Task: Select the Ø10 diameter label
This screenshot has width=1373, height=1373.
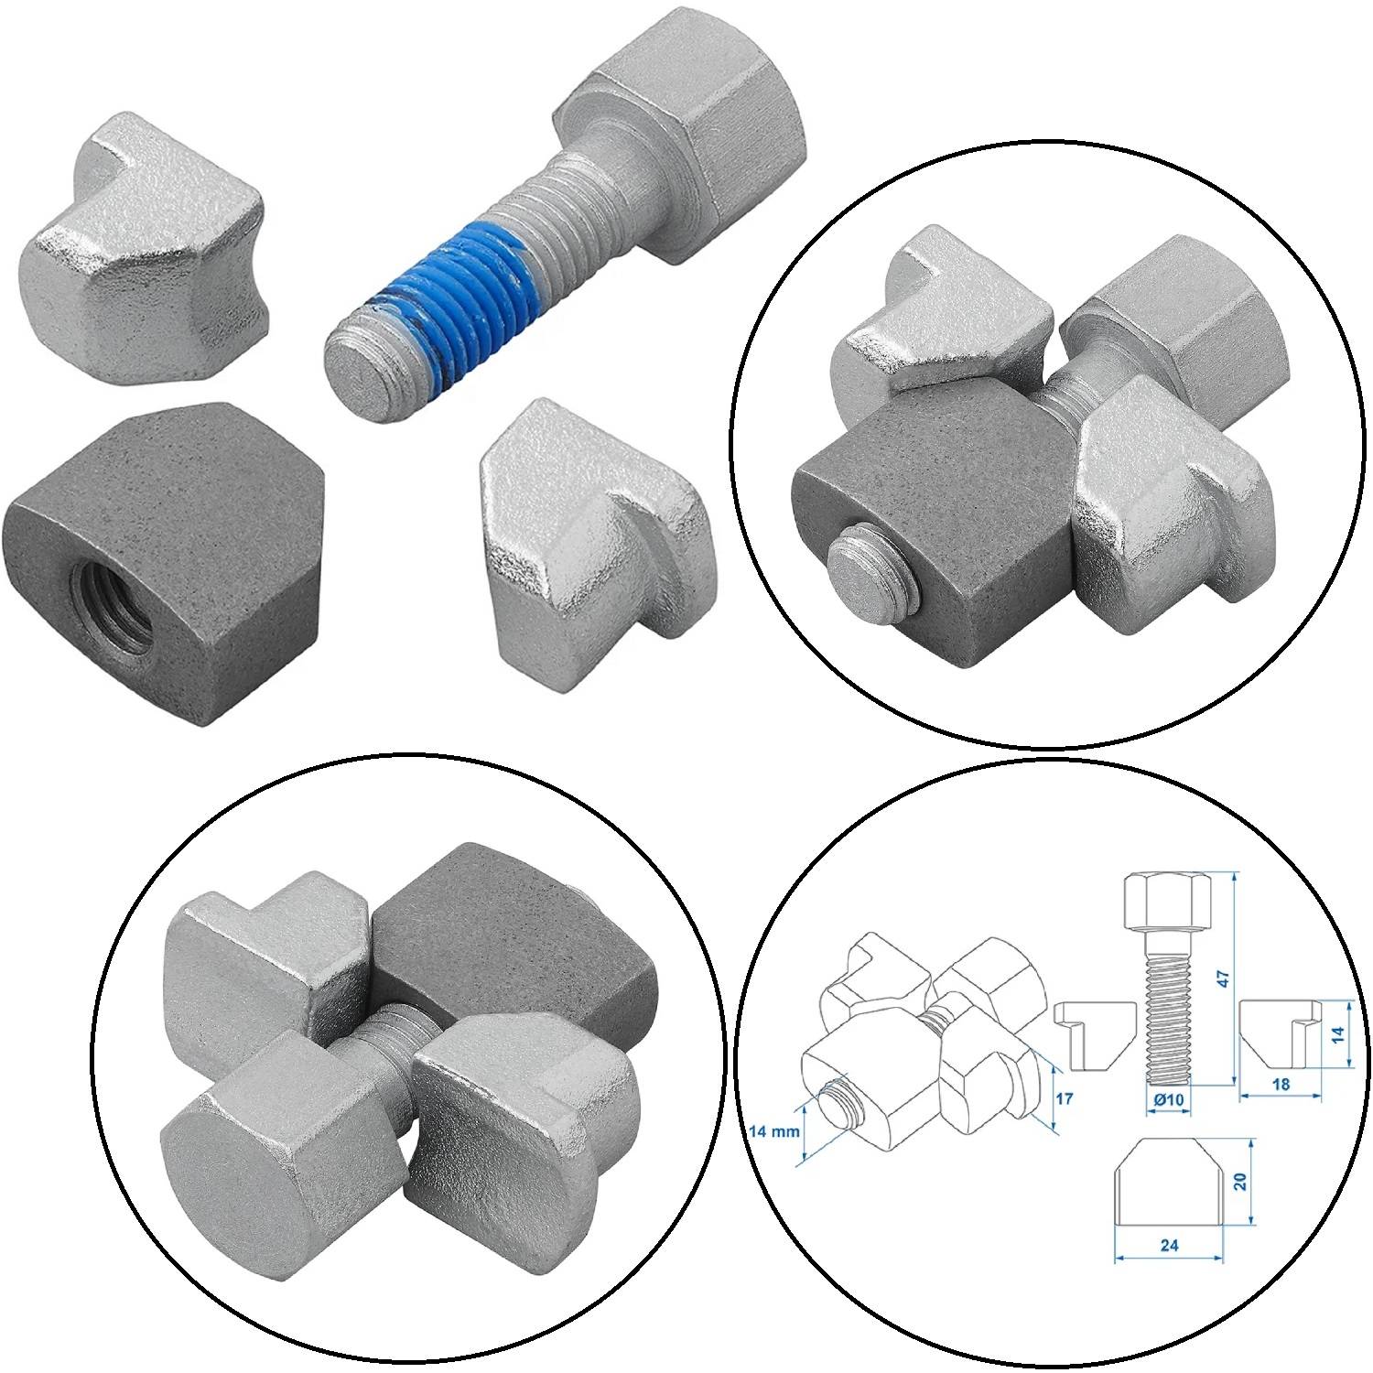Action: (1169, 1098)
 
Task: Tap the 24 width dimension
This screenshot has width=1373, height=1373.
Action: (1168, 1245)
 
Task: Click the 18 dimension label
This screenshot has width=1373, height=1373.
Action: (1281, 1084)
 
